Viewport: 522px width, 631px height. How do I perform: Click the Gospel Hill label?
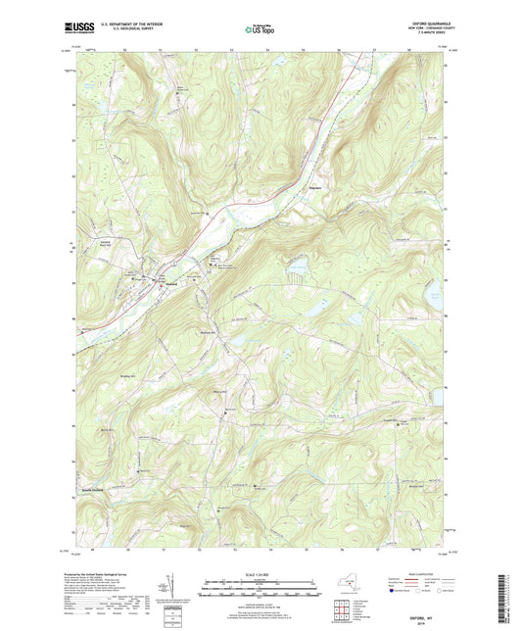pyautogui.click(x=399, y=419)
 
